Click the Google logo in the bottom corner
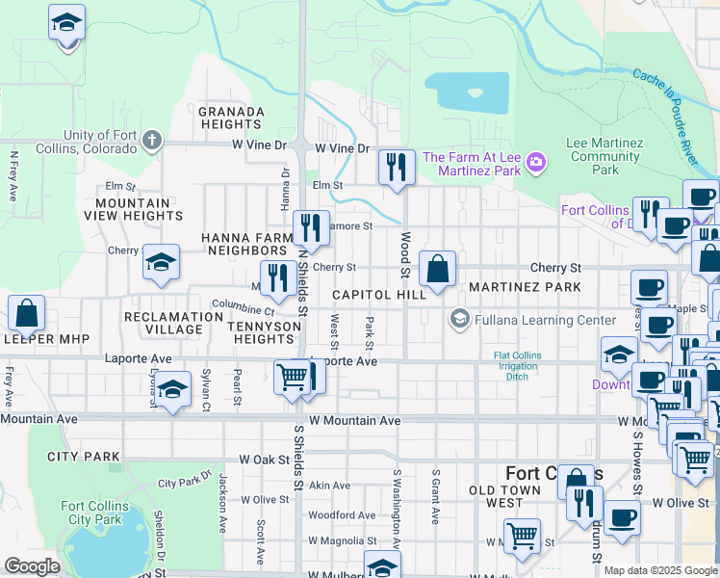(33, 566)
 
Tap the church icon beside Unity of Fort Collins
(150, 142)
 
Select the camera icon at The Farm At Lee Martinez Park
(535, 164)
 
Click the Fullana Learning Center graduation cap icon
(459, 320)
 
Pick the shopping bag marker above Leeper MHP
(26, 313)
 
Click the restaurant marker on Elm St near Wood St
(396, 168)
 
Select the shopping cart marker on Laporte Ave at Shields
(293, 377)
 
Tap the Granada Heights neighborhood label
(231, 118)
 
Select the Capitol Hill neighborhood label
(379, 295)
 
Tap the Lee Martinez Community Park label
(604, 156)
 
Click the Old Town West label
(509, 497)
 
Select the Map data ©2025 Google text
(660, 570)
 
